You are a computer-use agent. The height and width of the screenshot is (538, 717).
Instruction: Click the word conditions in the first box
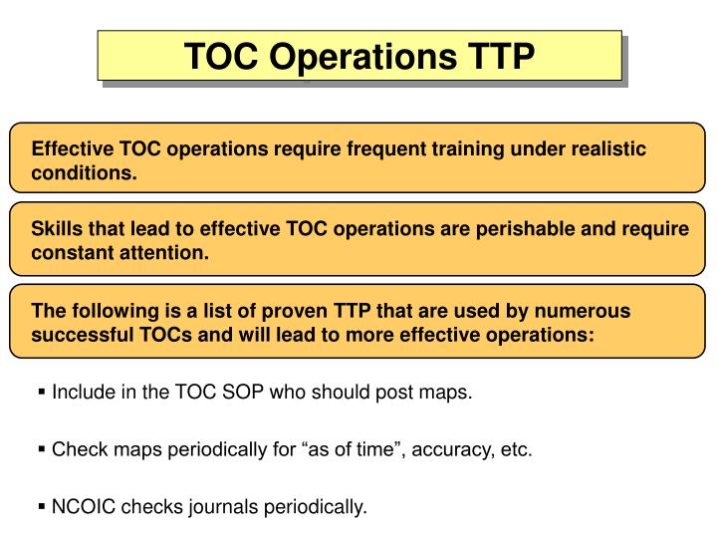tap(84, 172)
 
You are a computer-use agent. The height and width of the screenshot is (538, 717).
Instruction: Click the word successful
tap(80, 335)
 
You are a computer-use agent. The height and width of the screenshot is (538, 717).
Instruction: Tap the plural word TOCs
tap(164, 335)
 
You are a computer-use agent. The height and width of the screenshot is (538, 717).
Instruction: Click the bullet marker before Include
tap(43, 393)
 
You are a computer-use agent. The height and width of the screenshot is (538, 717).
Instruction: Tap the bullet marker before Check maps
tap(43, 450)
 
